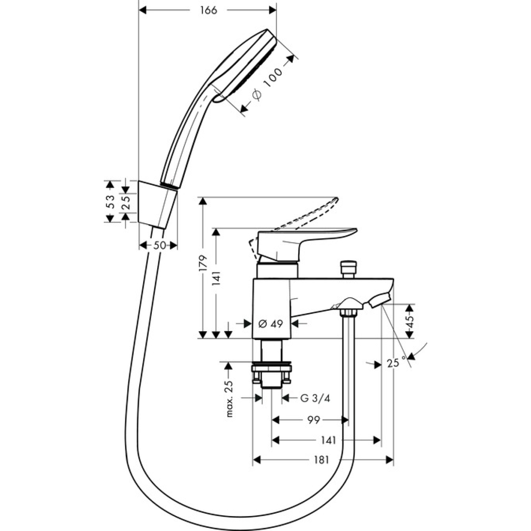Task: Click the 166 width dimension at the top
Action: pyautogui.click(x=208, y=10)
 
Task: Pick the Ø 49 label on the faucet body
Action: pyautogui.click(x=270, y=323)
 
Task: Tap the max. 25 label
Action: pyautogui.click(x=229, y=398)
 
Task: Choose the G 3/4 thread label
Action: pyautogui.click(x=315, y=398)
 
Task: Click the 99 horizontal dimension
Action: pyautogui.click(x=313, y=420)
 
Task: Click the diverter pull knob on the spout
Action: pyautogui.click(x=348, y=268)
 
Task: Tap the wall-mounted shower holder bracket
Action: pyautogui.click(x=156, y=204)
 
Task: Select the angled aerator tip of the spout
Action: pyautogui.click(x=380, y=300)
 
